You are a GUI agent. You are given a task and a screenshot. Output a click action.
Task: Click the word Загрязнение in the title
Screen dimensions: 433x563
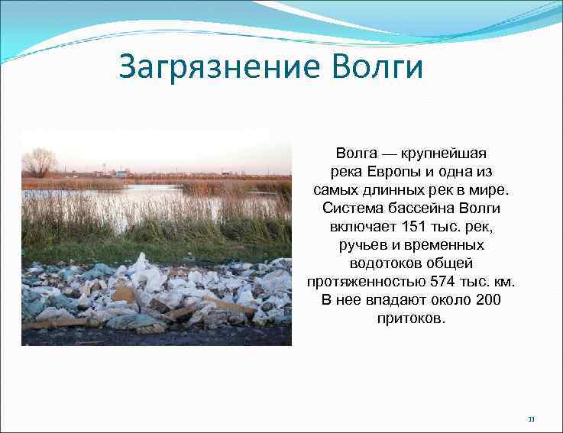[222, 67]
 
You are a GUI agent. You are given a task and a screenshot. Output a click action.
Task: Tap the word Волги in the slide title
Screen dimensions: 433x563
[377, 67]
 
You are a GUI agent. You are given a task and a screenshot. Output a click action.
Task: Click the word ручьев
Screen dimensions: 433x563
[362, 245]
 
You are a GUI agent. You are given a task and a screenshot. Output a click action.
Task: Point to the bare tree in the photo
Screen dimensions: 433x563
[39, 162]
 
